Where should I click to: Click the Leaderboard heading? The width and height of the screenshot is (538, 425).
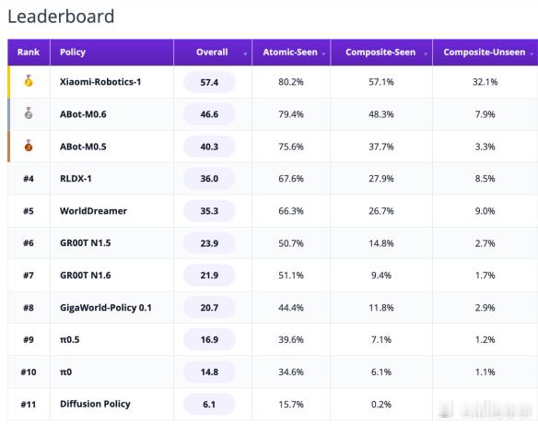tap(61, 17)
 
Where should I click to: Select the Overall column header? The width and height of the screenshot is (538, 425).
tap(212, 53)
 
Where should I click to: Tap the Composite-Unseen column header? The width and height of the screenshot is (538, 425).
tap(485, 53)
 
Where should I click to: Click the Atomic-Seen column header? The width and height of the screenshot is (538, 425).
tap(290, 53)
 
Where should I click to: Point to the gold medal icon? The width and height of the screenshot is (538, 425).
tap(29, 81)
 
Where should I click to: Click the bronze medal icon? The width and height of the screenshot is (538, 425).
tap(29, 146)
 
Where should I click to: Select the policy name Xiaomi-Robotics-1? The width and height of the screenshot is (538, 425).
tap(100, 82)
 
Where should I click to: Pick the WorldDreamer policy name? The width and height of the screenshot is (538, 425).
tap(93, 211)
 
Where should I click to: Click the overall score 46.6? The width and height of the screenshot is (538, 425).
tap(209, 114)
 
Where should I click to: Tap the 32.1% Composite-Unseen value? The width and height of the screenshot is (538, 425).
tap(485, 82)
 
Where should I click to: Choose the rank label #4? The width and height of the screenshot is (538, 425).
tap(29, 179)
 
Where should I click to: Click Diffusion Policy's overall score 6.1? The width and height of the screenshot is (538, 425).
tap(209, 405)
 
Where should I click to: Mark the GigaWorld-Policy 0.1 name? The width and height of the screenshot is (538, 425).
tap(106, 308)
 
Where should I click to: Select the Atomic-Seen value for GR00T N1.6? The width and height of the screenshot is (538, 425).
tap(291, 276)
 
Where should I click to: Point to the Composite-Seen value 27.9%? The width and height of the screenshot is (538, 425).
tap(381, 179)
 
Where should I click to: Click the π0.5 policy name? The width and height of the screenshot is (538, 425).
tap(70, 340)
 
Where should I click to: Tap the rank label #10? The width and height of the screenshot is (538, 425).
tap(29, 372)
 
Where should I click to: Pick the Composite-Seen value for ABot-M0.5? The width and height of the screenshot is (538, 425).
tap(381, 147)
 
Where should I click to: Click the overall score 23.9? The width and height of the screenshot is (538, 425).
tap(209, 243)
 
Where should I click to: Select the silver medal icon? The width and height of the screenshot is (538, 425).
tap(29, 113)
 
